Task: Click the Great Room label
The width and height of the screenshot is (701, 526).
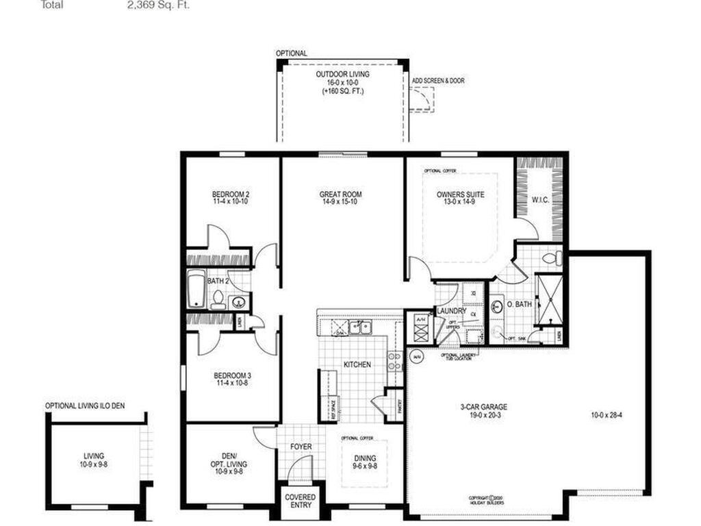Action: [x=340, y=195]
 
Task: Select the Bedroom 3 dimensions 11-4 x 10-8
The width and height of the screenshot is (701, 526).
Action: [x=232, y=384]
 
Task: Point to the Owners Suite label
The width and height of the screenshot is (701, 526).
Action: [x=460, y=195]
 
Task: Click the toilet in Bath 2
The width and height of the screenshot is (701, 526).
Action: [x=218, y=299]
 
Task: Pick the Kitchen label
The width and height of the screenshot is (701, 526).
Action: [x=357, y=365]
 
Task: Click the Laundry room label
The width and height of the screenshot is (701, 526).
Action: [x=451, y=311]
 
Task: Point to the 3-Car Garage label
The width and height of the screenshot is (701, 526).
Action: [x=483, y=407]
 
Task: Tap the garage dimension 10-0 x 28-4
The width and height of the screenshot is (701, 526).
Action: [x=606, y=414]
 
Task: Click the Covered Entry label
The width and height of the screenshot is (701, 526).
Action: [x=300, y=501]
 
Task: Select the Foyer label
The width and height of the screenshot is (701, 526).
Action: [x=301, y=447]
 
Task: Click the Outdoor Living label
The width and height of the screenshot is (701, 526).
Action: [x=342, y=74]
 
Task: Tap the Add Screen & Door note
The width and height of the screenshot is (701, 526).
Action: [x=438, y=81]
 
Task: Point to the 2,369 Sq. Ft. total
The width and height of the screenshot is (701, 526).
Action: [x=158, y=5]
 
